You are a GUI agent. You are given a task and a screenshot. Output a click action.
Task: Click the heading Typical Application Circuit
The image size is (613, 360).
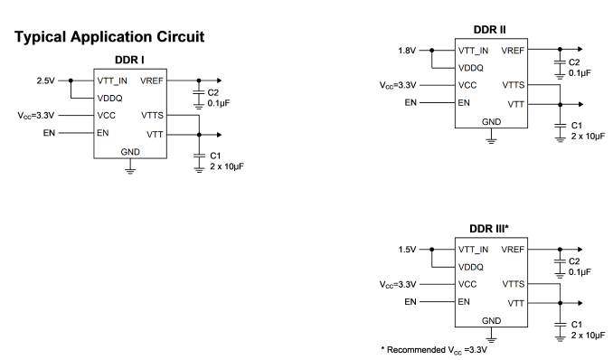tap(109, 37)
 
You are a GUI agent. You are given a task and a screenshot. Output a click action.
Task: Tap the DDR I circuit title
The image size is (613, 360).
tap(129, 60)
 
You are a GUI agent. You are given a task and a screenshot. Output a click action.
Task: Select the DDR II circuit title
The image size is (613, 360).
tap(489, 30)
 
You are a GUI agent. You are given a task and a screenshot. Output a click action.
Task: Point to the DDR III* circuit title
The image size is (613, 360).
tap(489, 229)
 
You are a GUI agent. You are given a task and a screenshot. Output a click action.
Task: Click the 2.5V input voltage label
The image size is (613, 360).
tap(46, 81)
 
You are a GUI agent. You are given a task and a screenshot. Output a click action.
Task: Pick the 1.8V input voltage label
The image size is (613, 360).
tap(407, 51)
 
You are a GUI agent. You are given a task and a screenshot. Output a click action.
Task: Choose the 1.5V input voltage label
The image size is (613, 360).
tap(407, 250)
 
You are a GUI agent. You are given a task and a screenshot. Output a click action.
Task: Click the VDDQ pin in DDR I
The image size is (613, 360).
tap(110, 99)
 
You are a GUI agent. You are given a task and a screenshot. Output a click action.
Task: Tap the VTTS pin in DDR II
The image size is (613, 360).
tap(514, 85)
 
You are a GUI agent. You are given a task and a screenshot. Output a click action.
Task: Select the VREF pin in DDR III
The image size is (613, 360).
tap(513, 250)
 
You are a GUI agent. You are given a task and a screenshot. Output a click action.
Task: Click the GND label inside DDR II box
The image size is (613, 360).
tap(492, 122)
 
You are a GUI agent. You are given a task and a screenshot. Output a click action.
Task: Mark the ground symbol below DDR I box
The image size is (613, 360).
tap(130, 171)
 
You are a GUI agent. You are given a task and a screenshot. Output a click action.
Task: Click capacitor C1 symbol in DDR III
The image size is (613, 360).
tap(560, 325)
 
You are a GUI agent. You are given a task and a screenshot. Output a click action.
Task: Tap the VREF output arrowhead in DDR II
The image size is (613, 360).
tap(580, 50)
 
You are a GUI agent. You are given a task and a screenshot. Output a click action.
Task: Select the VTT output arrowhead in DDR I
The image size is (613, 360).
tap(219, 135)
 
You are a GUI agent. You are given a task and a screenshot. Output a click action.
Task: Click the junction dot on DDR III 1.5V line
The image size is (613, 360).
tap(431, 250)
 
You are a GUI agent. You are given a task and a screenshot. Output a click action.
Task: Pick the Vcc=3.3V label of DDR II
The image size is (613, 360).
tap(398, 85)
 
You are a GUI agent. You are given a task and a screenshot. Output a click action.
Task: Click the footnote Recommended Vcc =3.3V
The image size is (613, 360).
tap(434, 350)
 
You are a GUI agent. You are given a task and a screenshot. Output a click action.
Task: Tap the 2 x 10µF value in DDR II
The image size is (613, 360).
tap(588, 137)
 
